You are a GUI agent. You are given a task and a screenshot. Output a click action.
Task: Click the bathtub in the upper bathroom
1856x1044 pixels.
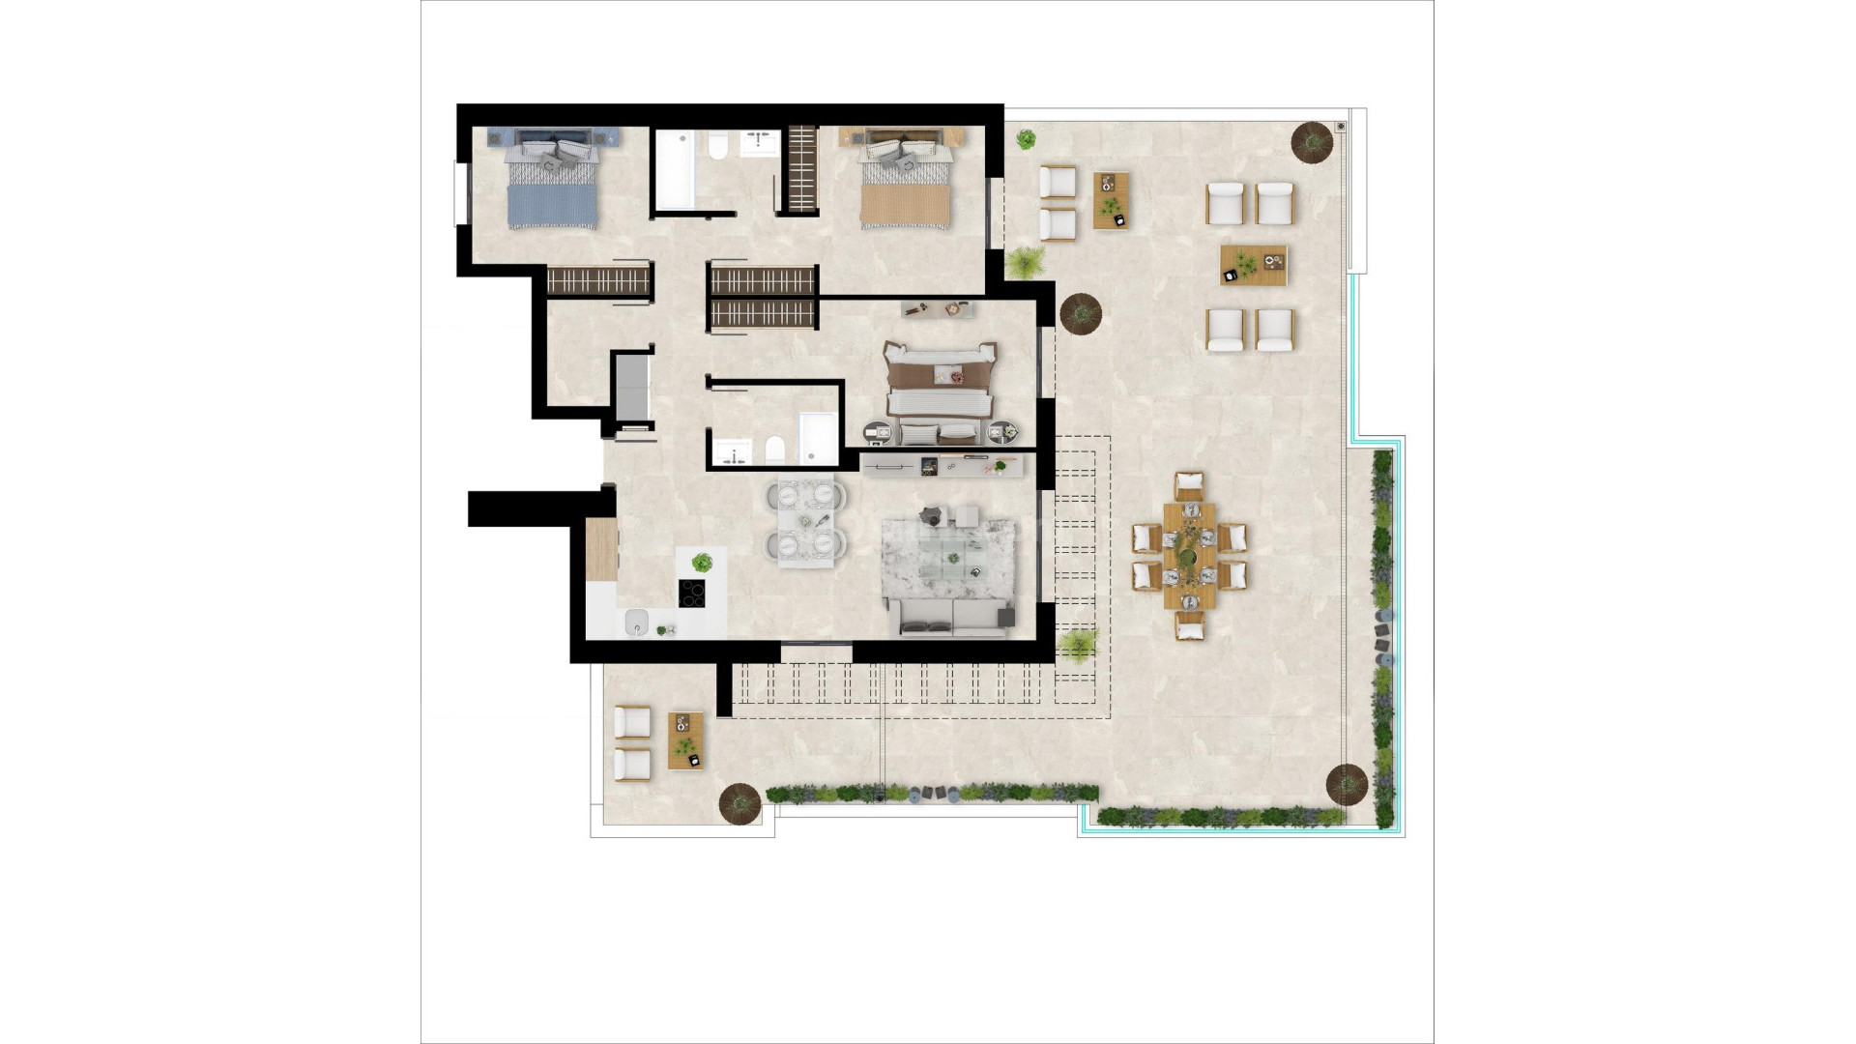674,170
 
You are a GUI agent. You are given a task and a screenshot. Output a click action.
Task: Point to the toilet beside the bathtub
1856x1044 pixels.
717,148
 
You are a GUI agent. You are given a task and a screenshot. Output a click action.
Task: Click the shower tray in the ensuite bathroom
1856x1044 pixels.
819,440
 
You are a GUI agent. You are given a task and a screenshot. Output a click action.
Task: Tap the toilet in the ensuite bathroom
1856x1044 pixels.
774,449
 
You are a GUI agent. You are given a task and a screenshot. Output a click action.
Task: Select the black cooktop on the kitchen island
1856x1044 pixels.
692,593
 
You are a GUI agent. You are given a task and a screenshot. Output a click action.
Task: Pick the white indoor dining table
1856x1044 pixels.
805,522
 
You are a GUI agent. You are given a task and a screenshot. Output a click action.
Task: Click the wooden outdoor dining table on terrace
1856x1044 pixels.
1189,555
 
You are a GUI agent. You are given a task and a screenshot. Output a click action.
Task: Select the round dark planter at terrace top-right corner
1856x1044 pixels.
1312,142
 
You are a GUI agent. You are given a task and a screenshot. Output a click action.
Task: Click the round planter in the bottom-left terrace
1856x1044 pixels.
740,801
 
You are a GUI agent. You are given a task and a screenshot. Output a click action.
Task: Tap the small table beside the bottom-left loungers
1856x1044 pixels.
685,740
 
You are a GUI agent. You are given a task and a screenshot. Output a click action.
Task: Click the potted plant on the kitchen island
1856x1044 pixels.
703,562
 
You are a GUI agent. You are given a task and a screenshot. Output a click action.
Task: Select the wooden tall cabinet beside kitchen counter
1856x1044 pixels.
601,549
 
